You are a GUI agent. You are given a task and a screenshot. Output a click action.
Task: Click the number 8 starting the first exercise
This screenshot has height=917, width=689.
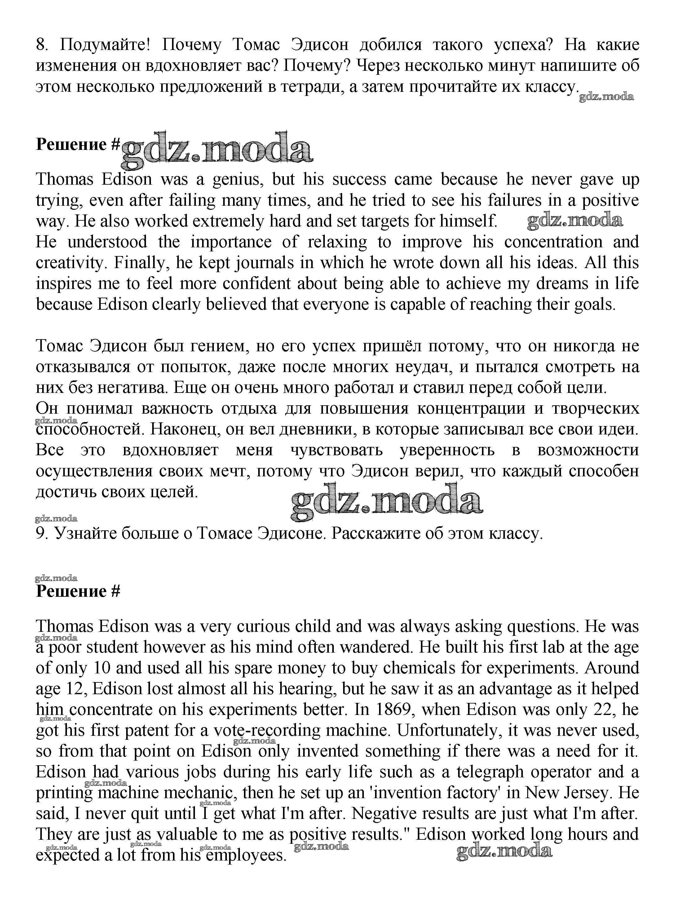[40, 45]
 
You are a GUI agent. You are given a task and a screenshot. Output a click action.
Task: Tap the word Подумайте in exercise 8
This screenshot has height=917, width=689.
[104, 45]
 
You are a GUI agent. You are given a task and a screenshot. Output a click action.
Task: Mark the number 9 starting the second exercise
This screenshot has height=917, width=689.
[41, 533]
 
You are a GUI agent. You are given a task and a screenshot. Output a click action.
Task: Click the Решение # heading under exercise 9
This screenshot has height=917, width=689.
[78, 591]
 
